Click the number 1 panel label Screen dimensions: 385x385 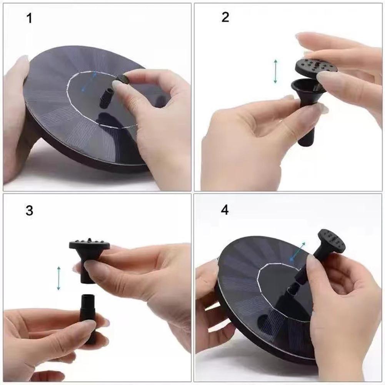coord(29,18)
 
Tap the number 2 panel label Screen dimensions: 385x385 coord(225,17)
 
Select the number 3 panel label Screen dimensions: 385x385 coord(29,210)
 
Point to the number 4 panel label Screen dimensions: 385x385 coord(225,210)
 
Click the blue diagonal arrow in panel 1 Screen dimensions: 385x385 coord(89,81)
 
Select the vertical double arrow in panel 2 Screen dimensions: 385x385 coord(275,71)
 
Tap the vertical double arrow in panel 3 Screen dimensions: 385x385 coord(58,278)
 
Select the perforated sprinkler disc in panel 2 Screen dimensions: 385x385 coord(316,67)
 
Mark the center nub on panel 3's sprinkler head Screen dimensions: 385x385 coord(89,240)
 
